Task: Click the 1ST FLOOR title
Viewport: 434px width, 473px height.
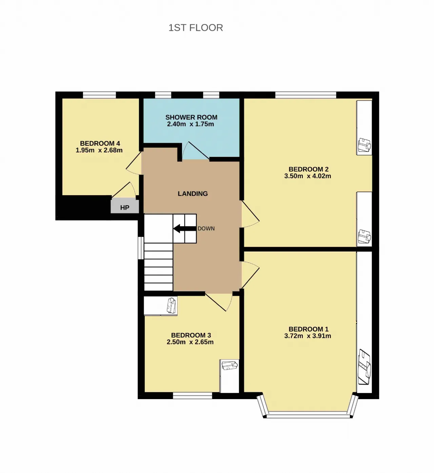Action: coord(195,28)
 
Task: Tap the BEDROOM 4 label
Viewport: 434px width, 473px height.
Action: coord(100,143)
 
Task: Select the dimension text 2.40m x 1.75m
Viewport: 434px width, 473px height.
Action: coord(191,124)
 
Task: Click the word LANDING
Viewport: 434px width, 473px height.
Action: coord(193,193)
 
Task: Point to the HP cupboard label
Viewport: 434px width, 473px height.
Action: coord(125,208)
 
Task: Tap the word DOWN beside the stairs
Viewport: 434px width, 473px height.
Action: coord(206,228)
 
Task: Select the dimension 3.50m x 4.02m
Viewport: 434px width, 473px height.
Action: coord(308,176)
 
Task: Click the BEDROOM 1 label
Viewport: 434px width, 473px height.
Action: coord(309,329)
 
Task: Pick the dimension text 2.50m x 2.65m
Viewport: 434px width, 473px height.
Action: coord(190,342)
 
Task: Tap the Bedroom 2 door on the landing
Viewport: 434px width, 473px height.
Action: coord(250,214)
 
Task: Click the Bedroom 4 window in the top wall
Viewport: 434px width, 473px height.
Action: coord(99,95)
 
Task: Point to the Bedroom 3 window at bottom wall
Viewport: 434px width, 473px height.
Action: coord(193,396)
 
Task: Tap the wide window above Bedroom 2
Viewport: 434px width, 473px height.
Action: coord(305,95)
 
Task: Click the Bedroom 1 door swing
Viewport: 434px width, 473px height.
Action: coord(250,275)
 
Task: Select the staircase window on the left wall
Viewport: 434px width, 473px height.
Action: coord(141,248)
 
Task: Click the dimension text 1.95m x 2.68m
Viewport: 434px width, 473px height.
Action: coord(99,150)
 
